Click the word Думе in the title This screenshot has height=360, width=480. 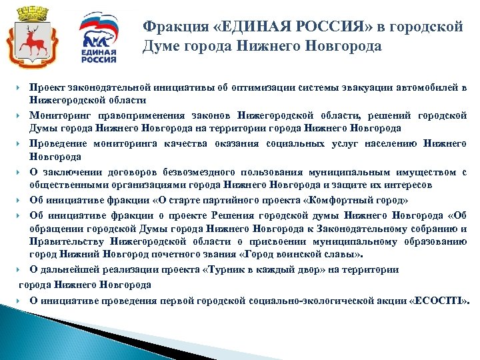(x=160, y=47)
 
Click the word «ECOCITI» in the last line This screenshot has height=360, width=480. (x=443, y=300)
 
